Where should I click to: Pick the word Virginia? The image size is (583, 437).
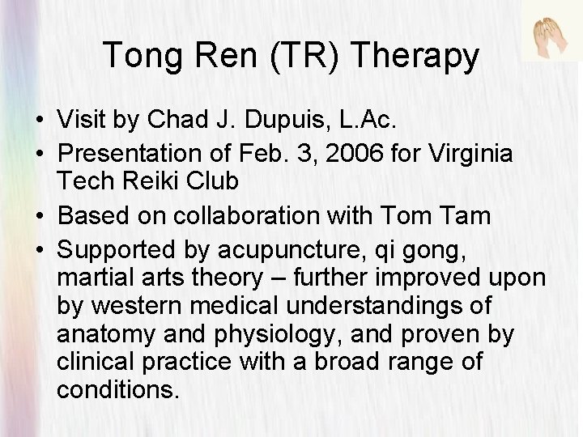(469, 154)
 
